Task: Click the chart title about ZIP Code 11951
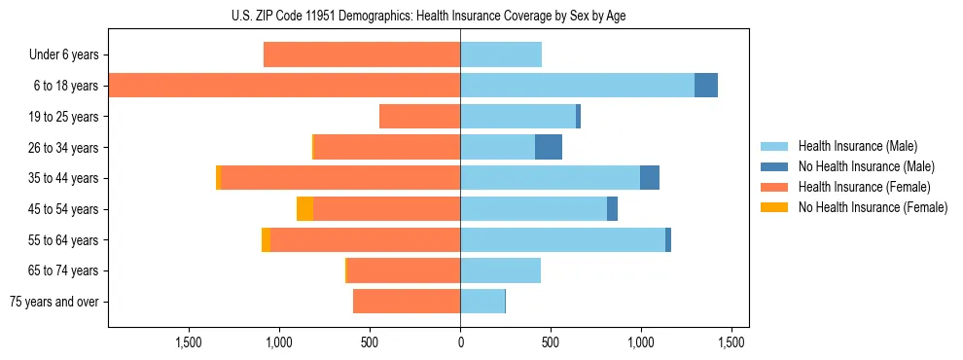(428, 16)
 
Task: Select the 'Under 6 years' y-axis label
(63, 55)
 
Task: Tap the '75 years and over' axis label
(53, 302)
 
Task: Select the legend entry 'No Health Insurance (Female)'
(873, 207)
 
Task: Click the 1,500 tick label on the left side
(188, 342)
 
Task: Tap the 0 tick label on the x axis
(460, 342)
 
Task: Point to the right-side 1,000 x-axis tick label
(641, 342)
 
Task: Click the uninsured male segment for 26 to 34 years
(549, 147)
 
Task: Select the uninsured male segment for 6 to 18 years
(706, 86)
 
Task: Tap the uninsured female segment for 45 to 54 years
(304, 209)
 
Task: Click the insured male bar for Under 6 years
(501, 54)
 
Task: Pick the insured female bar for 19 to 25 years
(419, 117)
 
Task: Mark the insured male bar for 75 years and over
(482, 302)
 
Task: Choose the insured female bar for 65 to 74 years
(404, 270)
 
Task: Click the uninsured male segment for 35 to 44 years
(650, 178)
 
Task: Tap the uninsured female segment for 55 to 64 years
(266, 239)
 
